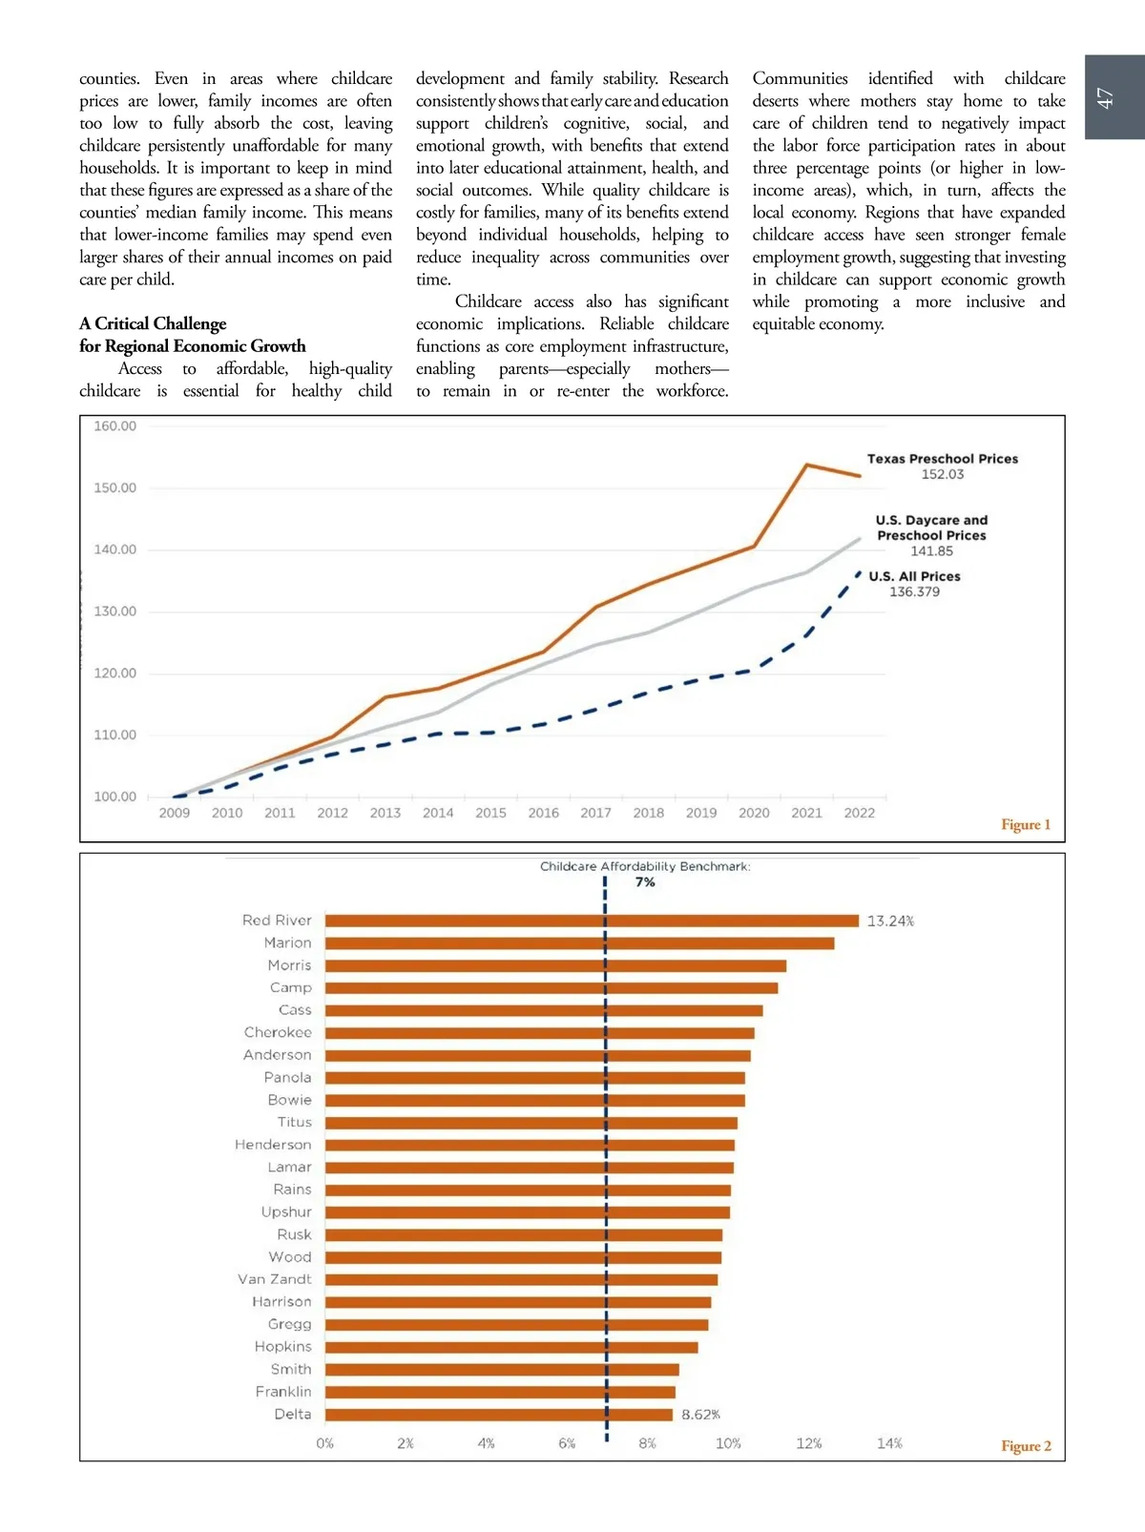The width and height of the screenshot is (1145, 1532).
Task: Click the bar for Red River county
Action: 592,921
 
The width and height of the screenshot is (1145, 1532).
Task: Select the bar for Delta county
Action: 498,1415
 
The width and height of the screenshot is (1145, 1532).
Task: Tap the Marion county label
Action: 287,943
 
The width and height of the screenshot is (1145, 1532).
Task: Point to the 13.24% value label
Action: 890,921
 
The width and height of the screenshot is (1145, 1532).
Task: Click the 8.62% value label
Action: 700,1415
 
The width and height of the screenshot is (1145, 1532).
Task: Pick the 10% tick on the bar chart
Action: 728,1443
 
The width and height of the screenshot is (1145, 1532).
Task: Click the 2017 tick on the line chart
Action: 595,813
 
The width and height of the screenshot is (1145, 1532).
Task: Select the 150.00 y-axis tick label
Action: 114,487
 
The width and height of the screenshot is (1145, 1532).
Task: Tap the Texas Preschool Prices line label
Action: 942,459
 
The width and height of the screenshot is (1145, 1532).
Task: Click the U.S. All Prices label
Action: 914,576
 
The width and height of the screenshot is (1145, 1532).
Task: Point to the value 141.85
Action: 931,551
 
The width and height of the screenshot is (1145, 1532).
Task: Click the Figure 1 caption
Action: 1025,824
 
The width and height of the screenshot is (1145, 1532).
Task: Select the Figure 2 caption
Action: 1026,1446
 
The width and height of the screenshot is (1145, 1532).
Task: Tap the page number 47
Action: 1105,98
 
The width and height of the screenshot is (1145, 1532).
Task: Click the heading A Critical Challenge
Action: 153,323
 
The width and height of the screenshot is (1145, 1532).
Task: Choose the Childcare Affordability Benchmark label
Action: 645,866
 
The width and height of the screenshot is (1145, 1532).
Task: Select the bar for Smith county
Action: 502,1370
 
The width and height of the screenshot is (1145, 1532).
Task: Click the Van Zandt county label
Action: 275,1279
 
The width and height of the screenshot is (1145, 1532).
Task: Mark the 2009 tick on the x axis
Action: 174,813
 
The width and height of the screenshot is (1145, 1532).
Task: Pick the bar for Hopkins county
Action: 511,1348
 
